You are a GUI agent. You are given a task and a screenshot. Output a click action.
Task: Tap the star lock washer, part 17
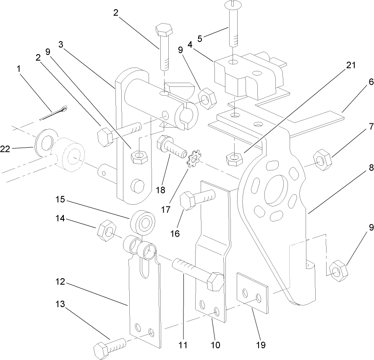194,161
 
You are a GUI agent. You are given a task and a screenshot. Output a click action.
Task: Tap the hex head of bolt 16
188,201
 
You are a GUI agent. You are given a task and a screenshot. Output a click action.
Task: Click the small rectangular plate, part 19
252,294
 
